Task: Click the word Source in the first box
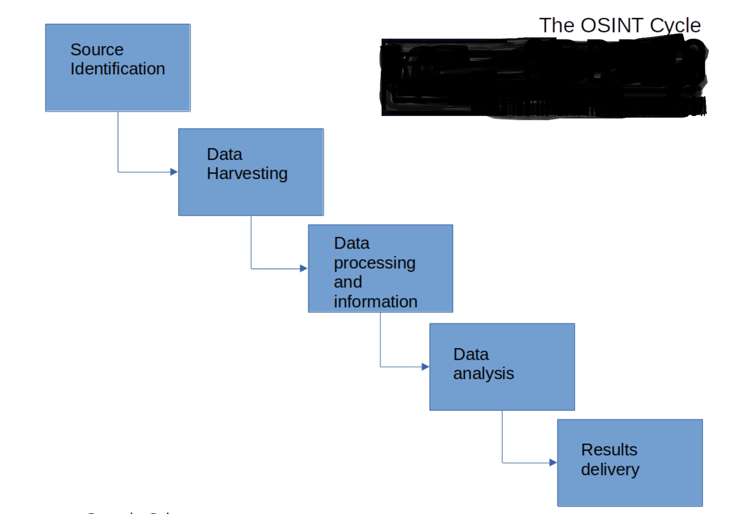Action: click(x=97, y=50)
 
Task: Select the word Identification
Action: click(x=118, y=69)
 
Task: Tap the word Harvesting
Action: click(x=247, y=173)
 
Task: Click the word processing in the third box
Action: click(x=375, y=263)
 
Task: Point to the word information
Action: click(x=375, y=302)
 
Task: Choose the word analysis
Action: click(x=483, y=373)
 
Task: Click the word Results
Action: click(x=609, y=450)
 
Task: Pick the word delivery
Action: click(x=610, y=469)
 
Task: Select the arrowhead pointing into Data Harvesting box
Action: click(x=174, y=172)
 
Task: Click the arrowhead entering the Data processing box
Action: click(x=304, y=269)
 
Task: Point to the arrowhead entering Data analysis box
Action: click(x=425, y=367)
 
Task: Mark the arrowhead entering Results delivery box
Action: click(x=553, y=463)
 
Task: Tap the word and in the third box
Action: click(x=348, y=282)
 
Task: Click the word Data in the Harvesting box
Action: click(x=224, y=154)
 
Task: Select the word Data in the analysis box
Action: click(x=471, y=354)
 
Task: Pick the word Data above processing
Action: click(x=352, y=243)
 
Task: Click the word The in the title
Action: click(x=557, y=25)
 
